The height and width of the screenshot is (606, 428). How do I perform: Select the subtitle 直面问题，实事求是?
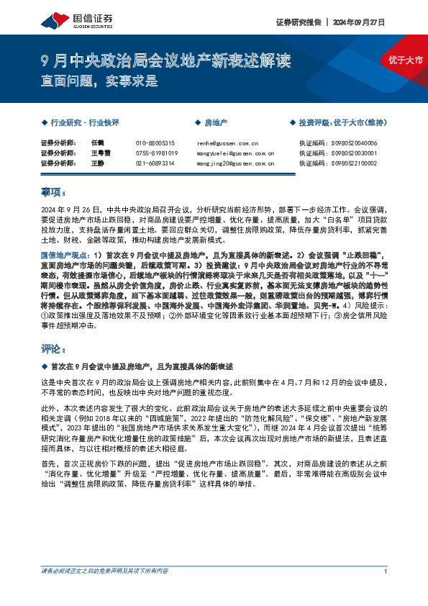click(99, 81)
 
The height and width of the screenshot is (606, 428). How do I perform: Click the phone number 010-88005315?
click(155, 143)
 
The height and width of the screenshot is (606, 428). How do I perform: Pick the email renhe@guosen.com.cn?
click(227, 143)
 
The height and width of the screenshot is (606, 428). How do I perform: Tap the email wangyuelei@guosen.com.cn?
click(235, 153)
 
